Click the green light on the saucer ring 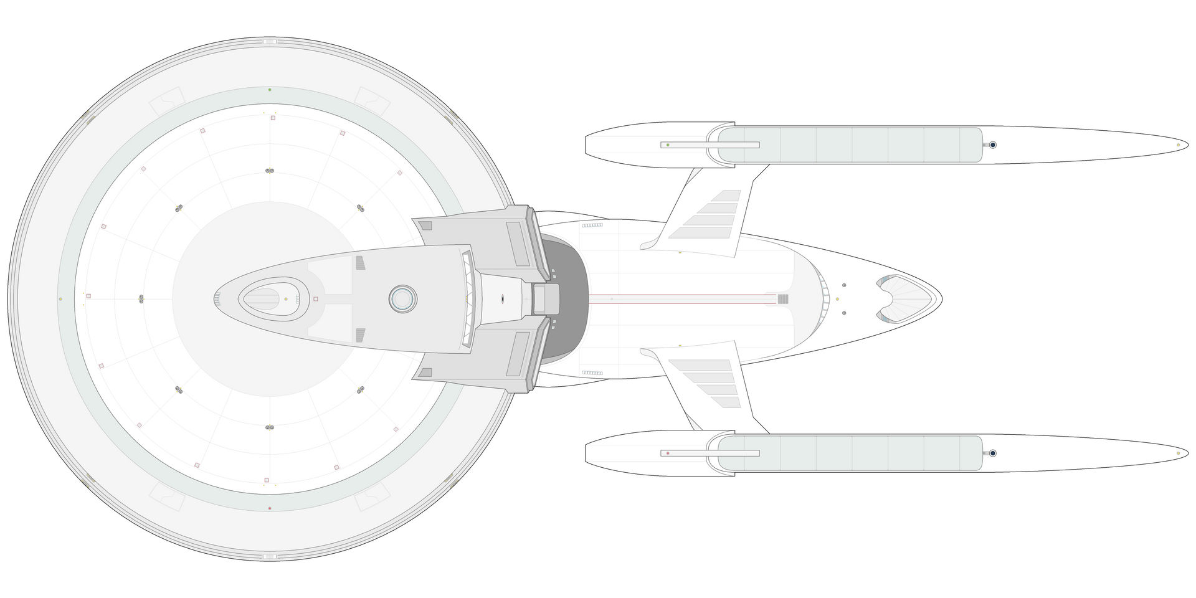pyautogui.click(x=269, y=90)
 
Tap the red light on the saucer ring pyautogui.click(x=269, y=508)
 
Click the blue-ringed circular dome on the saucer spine pyautogui.click(x=402, y=299)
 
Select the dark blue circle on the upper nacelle pyautogui.click(x=992, y=145)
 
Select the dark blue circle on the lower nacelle pyautogui.click(x=992, y=453)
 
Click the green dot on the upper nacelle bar pyautogui.click(x=668, y=145)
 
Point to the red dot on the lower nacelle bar pyautogui.click(x=668, y=453)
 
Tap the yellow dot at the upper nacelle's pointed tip pyautogui.click(x=1178, y=145)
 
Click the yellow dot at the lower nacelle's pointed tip pyautogui.click(x=1178, y=453)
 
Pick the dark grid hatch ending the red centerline pyautogui.click(x=783, y=299)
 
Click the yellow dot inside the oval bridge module pyautogui.click(x=286, y=299)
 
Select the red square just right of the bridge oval pyautogui.click(x=315, y=299)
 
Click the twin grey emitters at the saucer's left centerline pyautogui.click(x=141, y=299)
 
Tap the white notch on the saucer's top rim pyautogui.click(x=270, y=41)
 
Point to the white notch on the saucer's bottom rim pyautogui.click(x=270, y=556)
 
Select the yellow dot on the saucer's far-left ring pyautogui.click(x=60, y=299)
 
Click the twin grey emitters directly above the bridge pyautogui.click(x=270, y=171)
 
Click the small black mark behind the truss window pyautogui.click(x=503, y=299)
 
